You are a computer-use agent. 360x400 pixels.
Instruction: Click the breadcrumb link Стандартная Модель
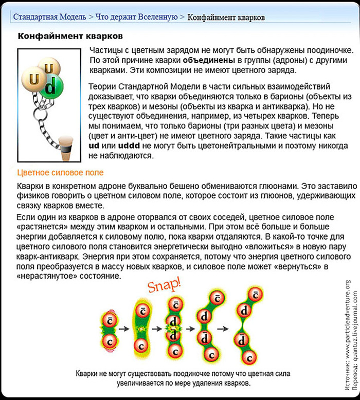coord(49,17)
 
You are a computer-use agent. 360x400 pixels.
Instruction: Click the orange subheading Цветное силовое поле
coord(60,173)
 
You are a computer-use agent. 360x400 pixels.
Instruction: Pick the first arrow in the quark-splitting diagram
coord(124,327)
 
